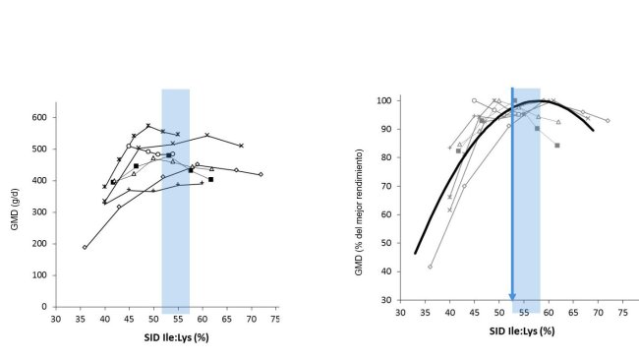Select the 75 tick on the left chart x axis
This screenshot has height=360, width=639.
coord(276,319)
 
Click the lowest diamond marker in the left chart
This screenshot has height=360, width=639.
coord(85,247)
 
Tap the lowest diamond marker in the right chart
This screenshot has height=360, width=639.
coord(430,267)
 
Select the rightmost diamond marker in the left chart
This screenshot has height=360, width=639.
coord(261,174)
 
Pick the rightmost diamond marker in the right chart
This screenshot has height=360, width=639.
coord(607,120)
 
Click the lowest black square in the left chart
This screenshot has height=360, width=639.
coord(210,180)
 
